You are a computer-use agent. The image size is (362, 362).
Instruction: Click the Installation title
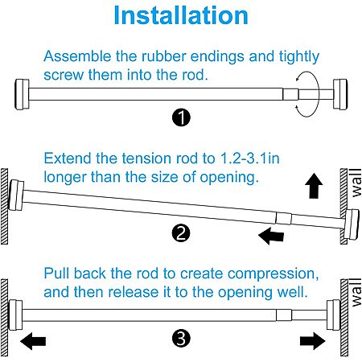point(181,15)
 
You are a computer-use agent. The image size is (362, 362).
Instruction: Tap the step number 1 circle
point(181,117)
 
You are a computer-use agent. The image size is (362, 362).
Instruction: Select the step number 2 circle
point(181,232)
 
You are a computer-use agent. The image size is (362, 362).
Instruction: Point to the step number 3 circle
point(181,338)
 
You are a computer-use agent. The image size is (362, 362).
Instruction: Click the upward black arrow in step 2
point(314,186)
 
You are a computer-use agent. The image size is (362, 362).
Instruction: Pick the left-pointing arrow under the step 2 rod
point(271,236)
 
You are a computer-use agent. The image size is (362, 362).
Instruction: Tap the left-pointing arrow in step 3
point(33,341)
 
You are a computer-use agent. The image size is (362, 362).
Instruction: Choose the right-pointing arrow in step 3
point(313,341)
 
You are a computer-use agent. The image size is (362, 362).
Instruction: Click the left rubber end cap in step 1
point(22,94)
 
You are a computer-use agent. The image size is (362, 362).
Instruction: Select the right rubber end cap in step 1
point(340,94)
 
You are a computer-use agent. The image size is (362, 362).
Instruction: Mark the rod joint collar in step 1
point(290,94)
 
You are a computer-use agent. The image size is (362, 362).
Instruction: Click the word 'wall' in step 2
point(356,183)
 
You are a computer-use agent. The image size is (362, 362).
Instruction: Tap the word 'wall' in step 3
point(356,292)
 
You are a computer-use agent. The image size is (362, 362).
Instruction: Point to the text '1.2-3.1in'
point(249,158)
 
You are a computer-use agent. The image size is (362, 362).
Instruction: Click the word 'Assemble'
point(77,56)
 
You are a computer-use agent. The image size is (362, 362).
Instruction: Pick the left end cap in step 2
point(16,195)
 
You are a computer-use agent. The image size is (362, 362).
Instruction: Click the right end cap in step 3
point(333,315)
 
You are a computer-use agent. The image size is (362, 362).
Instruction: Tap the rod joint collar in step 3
point(284,315)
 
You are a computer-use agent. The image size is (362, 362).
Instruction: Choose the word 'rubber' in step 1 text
point(164,56)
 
